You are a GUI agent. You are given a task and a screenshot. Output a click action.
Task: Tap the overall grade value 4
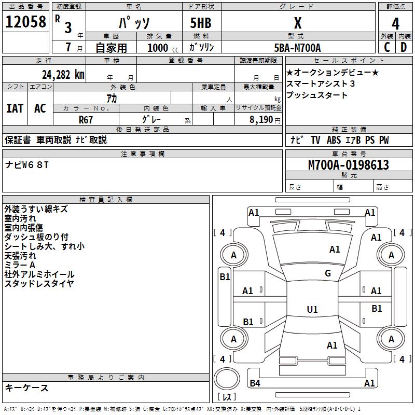395,23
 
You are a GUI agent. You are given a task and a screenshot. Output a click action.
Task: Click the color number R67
86,119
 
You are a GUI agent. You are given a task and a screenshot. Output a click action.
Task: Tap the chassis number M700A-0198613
348,165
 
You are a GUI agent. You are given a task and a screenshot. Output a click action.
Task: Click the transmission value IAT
15,108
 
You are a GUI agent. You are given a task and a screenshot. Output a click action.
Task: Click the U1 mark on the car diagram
312,310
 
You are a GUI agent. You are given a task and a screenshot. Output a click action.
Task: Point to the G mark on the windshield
328,273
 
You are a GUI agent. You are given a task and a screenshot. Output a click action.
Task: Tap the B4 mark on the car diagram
255,383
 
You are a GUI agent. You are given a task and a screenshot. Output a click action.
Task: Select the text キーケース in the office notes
26,388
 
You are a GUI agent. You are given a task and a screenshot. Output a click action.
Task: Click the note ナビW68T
27,165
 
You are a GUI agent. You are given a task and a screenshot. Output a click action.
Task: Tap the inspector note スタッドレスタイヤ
39,283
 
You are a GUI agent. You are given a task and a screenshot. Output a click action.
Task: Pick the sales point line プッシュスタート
317,95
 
